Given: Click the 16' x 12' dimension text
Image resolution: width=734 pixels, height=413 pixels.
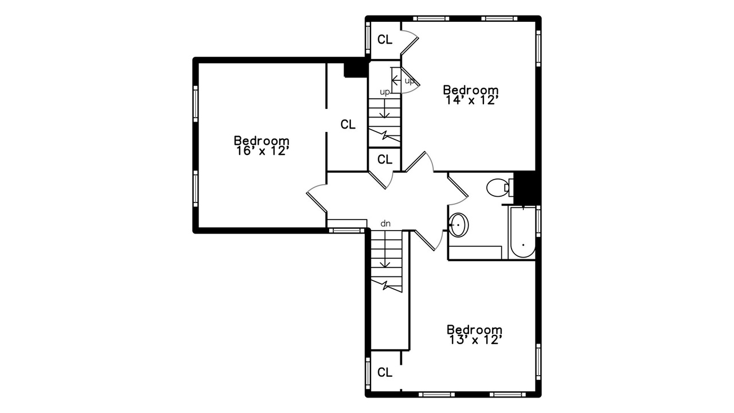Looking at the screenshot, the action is [262, 151].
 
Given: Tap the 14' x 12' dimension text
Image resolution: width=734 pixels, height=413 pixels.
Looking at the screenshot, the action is [471, 100].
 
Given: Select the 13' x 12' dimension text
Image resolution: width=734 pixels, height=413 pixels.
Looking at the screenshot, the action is [475, 340].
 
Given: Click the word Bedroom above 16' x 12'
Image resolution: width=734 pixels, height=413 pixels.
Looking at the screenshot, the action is [261, 141].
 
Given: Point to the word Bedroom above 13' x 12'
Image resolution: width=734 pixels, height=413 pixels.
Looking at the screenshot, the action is [474, 329].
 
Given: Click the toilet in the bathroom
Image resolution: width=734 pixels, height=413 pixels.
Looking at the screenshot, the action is [499, 188].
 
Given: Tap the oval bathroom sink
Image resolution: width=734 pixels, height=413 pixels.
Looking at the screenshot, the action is [458, 225].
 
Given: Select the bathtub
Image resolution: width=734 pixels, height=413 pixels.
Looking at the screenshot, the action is [522, 232].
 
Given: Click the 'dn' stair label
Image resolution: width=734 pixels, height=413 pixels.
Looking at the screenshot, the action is [385, 224].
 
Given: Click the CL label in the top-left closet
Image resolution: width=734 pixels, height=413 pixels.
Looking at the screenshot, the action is [385, 40].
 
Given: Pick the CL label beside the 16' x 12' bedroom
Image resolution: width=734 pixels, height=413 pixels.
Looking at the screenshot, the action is [348, 124].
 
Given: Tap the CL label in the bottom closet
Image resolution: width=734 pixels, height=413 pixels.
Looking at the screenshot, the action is [385, 372].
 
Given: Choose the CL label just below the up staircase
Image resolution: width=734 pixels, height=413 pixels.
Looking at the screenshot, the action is [385, 159].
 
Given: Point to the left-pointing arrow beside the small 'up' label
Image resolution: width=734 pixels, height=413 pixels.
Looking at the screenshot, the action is [396, 80].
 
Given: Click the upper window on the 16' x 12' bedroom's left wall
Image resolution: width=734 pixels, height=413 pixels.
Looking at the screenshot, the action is [196, 104].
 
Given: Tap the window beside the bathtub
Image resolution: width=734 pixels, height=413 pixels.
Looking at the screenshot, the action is [538, 221].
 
